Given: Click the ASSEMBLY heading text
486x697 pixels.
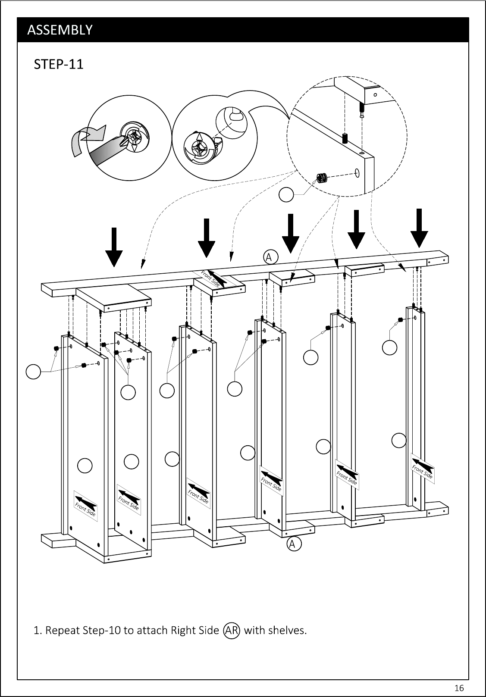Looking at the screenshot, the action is coord(60,30).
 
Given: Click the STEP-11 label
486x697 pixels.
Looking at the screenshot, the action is coord(59,64).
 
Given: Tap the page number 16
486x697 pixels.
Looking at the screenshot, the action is coord(459,688).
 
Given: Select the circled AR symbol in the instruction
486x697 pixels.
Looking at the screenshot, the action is coord(231,631).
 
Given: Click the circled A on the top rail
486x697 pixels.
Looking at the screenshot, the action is coord(270,257).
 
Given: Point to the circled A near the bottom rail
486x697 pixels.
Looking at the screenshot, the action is coord(294,544).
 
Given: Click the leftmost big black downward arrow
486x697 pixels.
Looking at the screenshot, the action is coord(114,247).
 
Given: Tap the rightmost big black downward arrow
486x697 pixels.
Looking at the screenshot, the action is coord(419,228).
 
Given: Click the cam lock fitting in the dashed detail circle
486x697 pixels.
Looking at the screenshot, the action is coord(322,178).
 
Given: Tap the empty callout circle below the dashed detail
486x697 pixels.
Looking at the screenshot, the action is coord(286,195).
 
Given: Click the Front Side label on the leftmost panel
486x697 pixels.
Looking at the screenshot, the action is coord(85,506).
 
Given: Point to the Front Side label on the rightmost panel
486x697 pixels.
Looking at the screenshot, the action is coord(423,468).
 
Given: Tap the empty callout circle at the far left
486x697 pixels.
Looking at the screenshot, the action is coord(33,372).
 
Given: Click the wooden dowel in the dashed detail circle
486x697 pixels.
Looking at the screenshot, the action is coord(345,138).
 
